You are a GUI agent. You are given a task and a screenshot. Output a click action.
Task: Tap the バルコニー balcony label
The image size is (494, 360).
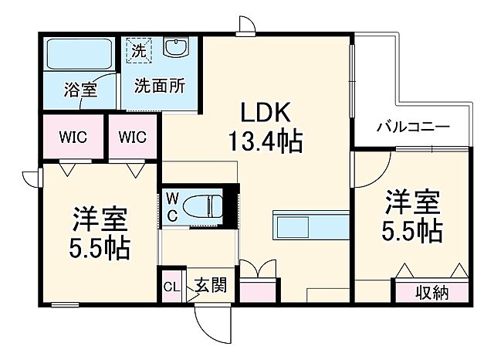pyautogui.click(x=412, y=127)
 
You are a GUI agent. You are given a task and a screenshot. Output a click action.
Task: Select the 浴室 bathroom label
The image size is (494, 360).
pyautogui.click(x=80, y=89)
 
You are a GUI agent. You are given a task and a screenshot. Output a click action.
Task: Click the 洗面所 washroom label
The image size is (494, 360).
pyautogui.click(x=158, y=87)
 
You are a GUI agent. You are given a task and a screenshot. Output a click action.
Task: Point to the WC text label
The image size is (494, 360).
pyautogui.click(x=171, y=206)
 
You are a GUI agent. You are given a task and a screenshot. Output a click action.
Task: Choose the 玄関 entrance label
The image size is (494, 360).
pyautogui.click(x=209, y=286)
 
